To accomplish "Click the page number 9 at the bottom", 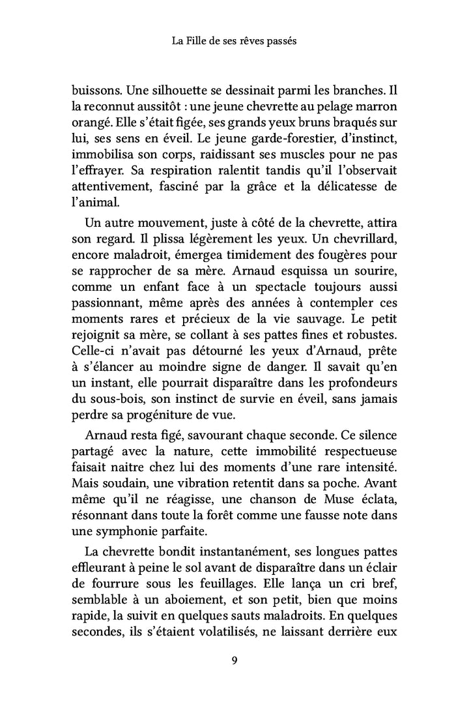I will point(234,661).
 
